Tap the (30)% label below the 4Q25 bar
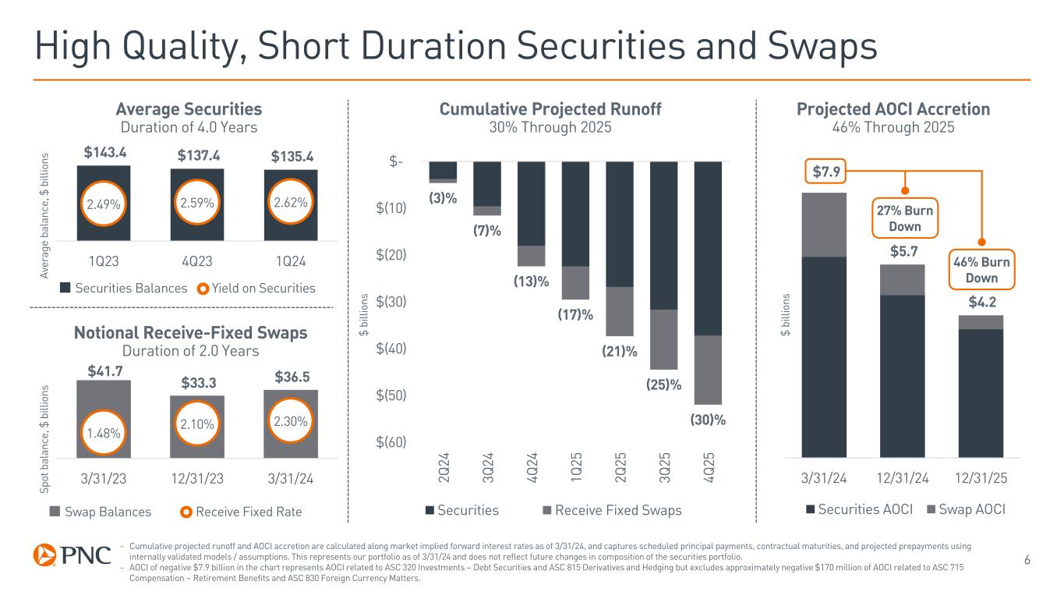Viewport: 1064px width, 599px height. pyautogui.click(x=708, y=420)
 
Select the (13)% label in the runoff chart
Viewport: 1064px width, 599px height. pyautogui.click(x=530, y=281)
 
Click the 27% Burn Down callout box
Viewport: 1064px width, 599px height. pyautogui.click(x=905, y=219)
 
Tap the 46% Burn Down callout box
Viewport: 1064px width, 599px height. pyautogui.click(x=981, y=270)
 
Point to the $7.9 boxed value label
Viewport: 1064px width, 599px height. pyautogui.click(x=824, y=171)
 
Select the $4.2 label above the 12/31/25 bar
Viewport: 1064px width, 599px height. pyautogui.click(x=981, y=301)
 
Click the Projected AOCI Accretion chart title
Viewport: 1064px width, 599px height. pyautogui.click(x=893, y=109)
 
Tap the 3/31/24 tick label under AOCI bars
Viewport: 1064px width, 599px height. pyautogui.click(x=823, y=477)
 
